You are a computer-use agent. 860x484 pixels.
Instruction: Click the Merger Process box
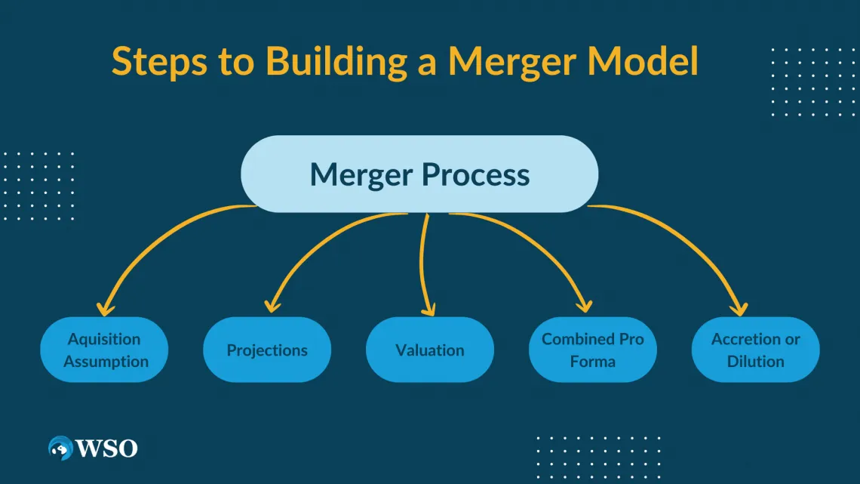419,174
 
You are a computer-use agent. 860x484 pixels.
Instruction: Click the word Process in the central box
475,175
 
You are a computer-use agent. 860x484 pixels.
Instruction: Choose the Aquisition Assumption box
104,350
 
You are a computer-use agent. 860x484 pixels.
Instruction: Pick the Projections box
267,350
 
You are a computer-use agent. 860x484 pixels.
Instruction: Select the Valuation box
430,350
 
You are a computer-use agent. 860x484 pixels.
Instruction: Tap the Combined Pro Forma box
593,350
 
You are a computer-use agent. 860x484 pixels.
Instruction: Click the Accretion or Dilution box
756,350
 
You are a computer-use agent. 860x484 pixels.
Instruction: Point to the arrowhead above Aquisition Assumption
105,308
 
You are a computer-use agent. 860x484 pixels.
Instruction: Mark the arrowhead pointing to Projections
270,307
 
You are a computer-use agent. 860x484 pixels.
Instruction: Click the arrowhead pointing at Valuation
429,308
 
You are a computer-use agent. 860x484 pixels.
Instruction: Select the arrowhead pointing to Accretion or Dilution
739,308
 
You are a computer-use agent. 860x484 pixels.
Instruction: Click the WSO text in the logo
106,449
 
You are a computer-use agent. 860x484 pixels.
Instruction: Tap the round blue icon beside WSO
60,449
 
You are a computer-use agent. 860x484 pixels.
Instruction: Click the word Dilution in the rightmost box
756,361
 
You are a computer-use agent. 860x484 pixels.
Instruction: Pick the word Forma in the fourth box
593,361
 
